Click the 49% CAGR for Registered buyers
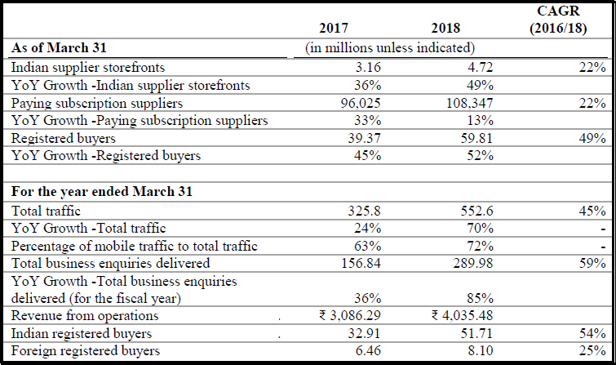click(592, 139)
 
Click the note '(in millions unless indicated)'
click(389, 48)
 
